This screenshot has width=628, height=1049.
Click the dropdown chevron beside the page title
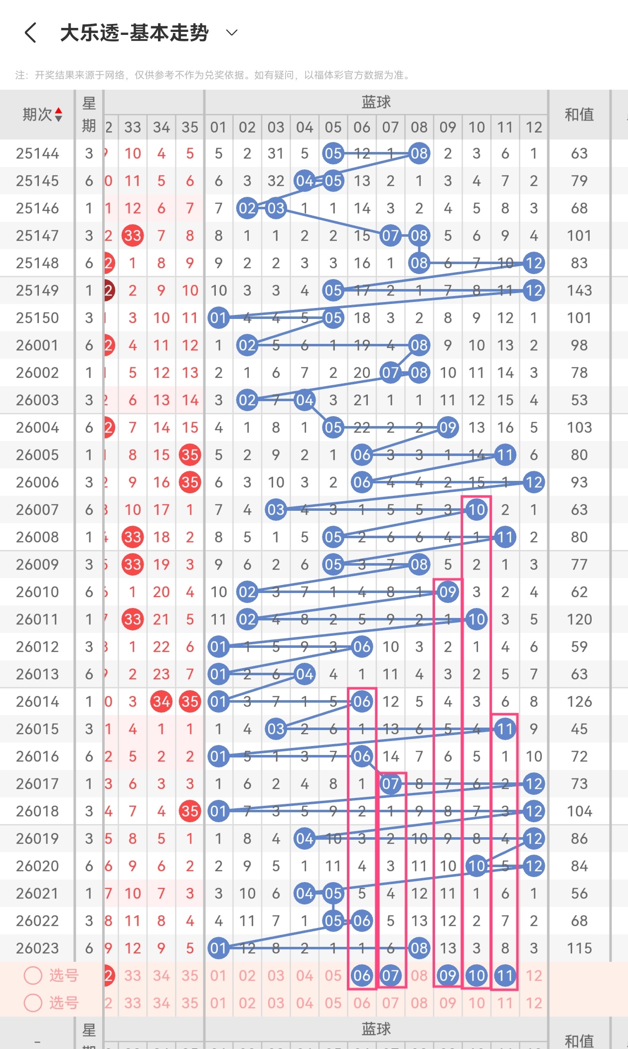click(x=232, y=33)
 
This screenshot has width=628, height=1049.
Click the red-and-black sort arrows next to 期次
click(x=59, y=115)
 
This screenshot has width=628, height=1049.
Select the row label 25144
click(x=37, y=153)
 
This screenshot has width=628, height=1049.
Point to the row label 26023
click(x=37, y=948)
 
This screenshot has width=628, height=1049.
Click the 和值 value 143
click(x=579, y=291)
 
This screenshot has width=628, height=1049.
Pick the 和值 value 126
click(x=579, y=702)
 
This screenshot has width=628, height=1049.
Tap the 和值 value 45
click(x=579, y=729)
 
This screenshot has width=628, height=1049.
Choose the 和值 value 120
click(x=579, y=619)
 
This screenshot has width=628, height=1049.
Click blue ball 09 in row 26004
click(x=448, y=428)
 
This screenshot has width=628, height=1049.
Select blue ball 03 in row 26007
click(x=276, y=510)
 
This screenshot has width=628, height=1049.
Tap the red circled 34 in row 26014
click(x=161, y=702)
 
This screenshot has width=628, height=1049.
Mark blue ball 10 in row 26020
click(x=476, y=866)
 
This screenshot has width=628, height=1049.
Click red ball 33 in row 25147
click(x=133, y=236)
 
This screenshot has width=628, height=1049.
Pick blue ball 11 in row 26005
click(x=505, y=455)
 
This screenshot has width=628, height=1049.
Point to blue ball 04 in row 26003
click(x=305, y=400)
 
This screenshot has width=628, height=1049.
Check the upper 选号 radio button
click(x=33, y=975)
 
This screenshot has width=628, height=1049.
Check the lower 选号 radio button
click(x=33, y=1003)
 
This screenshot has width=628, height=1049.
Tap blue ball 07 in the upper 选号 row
click(x=390, y=976)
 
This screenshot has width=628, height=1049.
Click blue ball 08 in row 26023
click(x=419, y=948)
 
